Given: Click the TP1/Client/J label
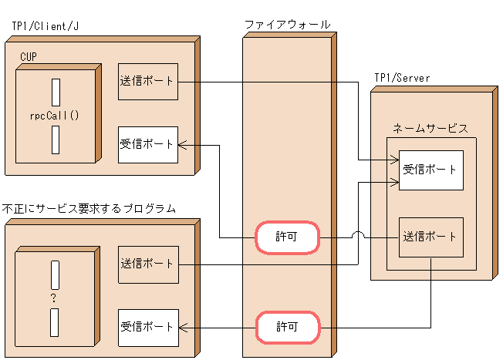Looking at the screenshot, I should (x=46, y=26).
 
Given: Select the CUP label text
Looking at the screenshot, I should (x=29, y=56).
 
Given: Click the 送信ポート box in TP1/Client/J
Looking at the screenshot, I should (x=148, y=82).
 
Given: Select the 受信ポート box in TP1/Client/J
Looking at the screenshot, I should (x=148, y=144).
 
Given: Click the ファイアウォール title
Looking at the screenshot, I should (x=288, y=25).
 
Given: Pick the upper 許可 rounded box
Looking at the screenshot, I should (x=287, y=239).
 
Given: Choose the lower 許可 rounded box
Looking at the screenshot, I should (x=287, y=328).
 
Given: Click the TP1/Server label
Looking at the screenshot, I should (x=402, y=78).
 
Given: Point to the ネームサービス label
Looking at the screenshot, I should (x=430, y=128).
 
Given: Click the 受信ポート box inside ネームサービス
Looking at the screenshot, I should (x=430, y=170).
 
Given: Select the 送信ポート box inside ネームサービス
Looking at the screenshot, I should (x=430, y=237).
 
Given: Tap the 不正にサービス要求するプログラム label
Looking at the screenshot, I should (x=89, y=208).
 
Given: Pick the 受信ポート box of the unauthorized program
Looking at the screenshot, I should (x=148, y=328).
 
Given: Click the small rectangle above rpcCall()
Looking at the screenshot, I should (x=55, y=92).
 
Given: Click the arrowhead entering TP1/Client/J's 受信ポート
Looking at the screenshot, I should (x=182, y=144).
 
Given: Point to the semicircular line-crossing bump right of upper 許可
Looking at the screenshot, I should (x=357, y=235).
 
